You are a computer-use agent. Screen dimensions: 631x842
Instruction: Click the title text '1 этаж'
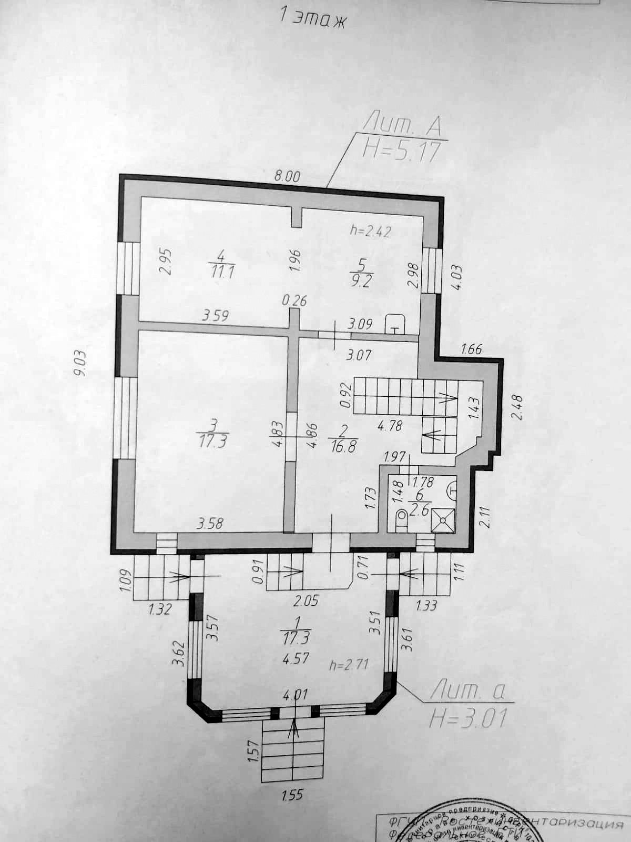tap(312, 19)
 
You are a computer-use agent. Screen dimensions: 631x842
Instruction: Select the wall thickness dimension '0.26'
tap(294, 301)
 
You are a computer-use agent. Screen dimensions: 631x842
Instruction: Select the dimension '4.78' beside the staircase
tap(390, 425)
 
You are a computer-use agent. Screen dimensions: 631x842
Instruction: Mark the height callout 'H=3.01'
tap(467, 718)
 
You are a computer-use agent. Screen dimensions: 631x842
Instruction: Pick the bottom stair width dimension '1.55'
tap(292, 794)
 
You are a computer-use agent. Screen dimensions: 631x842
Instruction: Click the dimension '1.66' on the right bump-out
tap(471, 349)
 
